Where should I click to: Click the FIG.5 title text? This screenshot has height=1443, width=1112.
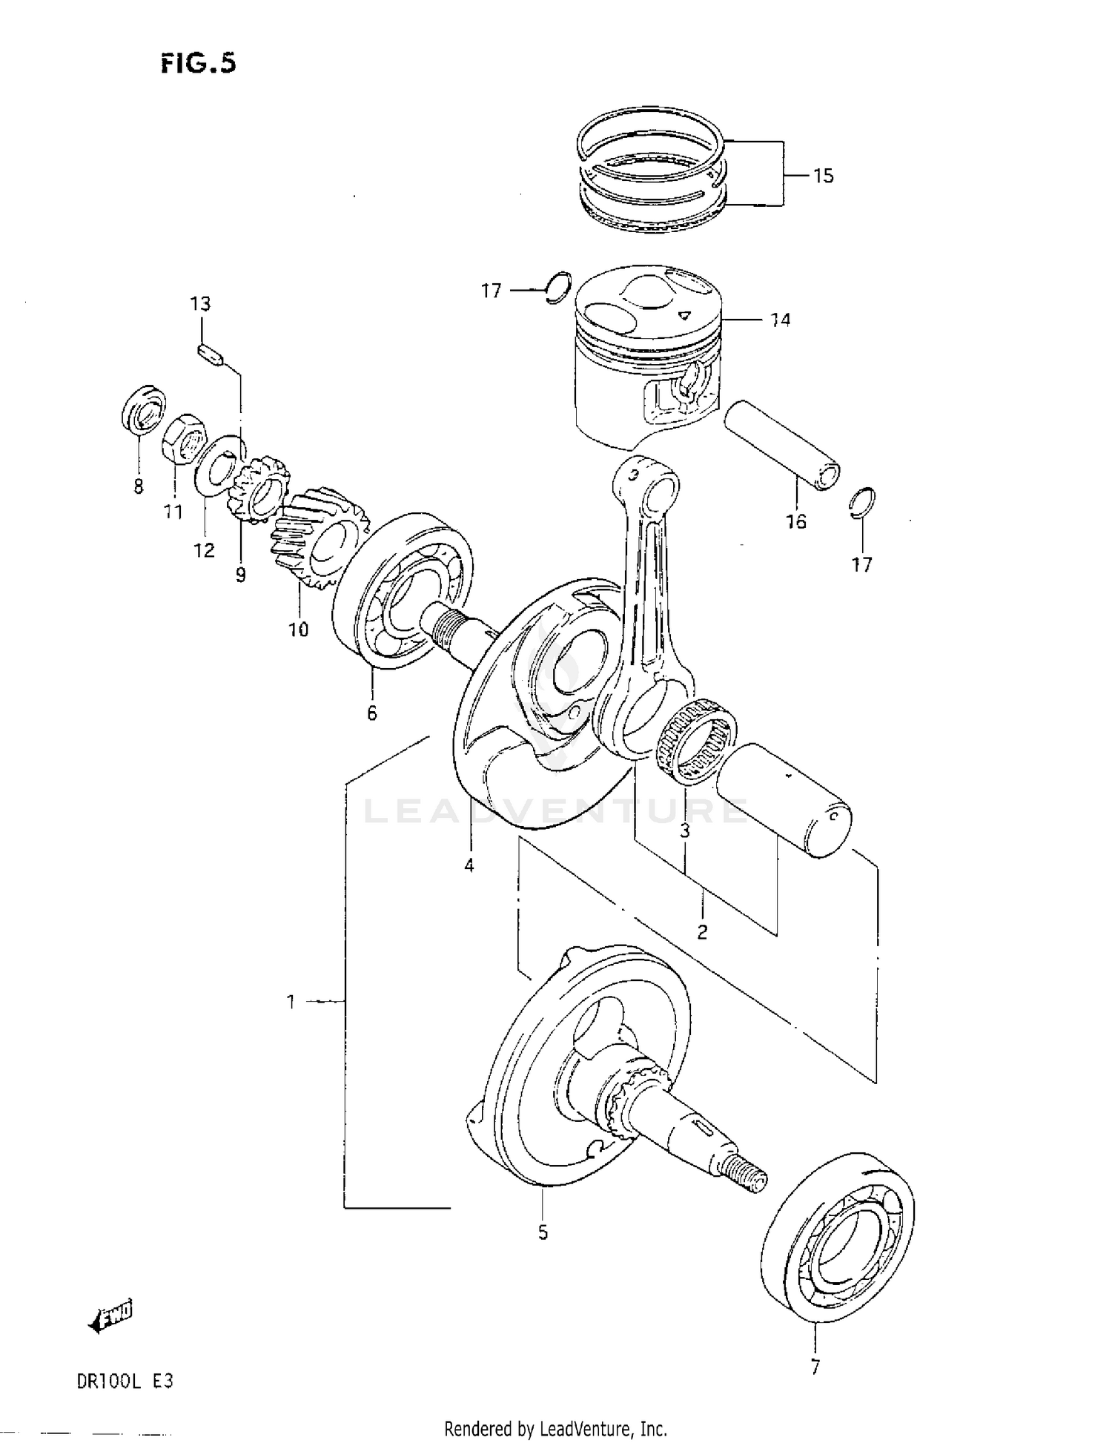tap(198, 64)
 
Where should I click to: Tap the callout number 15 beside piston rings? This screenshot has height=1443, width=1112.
tap(823, 176)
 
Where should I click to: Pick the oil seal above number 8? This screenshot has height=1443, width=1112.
tap(143, 409)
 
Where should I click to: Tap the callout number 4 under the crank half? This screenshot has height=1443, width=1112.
tap(469, 865)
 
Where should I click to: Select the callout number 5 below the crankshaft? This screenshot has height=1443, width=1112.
tap(543, 1232)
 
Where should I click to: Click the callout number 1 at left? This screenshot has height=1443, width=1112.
tap(291, 1002)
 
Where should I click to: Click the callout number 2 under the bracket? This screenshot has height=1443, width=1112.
tap(701, 931)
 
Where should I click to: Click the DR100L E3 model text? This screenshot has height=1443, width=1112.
tap(124, 1381)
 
